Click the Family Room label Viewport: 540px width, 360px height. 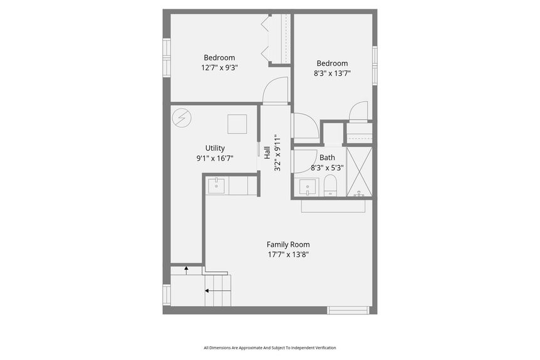(x=288, y=244)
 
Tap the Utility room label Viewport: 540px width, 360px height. (x=215, y=148)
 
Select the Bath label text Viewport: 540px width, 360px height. (x=327, y=158)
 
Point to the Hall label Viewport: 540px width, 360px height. (x=267, y=153)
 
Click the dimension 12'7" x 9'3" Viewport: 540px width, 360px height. (x=219, y=68)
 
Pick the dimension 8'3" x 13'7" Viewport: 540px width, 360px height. (x=333, y=73)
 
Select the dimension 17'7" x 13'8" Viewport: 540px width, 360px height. (x=288, y=255)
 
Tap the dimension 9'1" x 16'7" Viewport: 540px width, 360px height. (x=215, y=158)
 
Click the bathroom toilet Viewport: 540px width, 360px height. (x=330, y=185)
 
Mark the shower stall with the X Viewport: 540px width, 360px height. (x=359, y=172)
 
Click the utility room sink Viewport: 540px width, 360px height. (x=216, y=186)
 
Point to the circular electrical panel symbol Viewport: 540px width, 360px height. (x=182, y=118)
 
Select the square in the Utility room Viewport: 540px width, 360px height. (x=237, y=124)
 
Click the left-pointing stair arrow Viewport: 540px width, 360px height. (x=218, y=291)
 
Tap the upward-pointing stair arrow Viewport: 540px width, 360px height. (x=186, y=270)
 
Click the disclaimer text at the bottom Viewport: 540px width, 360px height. (x=269, y=348)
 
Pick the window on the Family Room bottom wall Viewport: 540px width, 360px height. (x=348, y=310)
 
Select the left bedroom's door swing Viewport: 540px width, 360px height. (x=275, y=90)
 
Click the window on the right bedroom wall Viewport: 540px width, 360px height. (x=375, y=65)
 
